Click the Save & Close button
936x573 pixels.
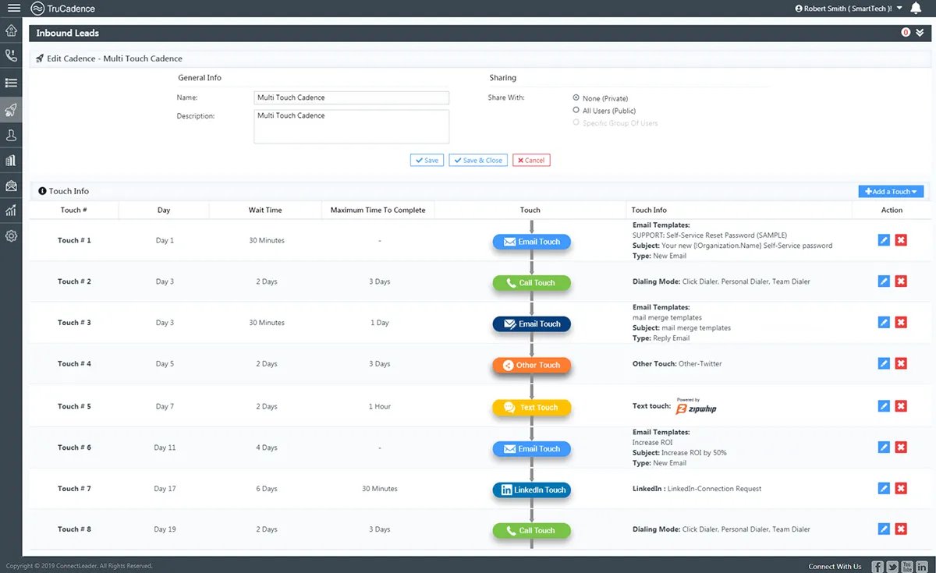coord(478,160)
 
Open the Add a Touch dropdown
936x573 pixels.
coord(891,191)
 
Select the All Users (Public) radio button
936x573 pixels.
coord(576,110)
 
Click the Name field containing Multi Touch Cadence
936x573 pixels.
coord(352,97)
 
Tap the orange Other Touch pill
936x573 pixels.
coord(531,365)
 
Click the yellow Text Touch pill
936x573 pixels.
coord(531,407)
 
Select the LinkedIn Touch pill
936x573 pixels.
coord(531,490)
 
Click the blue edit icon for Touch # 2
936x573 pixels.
coord(884,281)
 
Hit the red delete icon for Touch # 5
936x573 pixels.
coord(901,406)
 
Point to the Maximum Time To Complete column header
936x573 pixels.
coord(378,210)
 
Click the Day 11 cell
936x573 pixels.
coord(165,447)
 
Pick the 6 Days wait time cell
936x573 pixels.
coord(267,488)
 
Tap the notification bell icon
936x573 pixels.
coord(916,8)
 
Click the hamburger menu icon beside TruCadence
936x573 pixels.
coord(14,8)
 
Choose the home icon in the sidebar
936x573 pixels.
coord(11,30)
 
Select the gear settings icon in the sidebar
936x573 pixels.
coord(11,236)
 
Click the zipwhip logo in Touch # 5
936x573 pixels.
coord(696,407)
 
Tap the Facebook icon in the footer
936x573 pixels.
coord(877,566)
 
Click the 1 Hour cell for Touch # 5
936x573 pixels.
coord(379,406)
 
